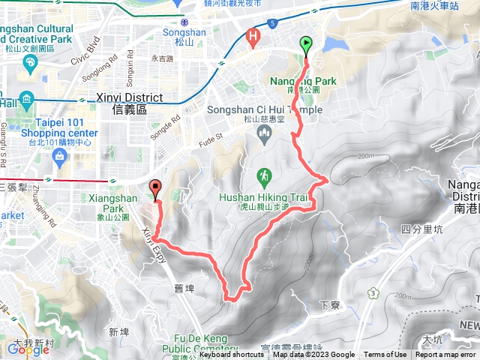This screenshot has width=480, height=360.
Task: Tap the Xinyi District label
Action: point(129,97)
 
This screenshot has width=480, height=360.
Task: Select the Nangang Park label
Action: point(303,81)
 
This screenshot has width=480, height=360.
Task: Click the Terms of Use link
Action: point(385,355)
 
